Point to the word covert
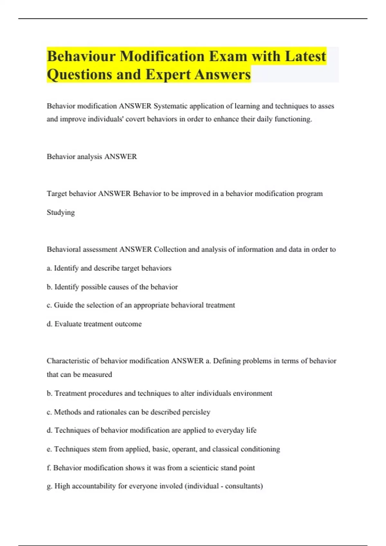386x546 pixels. pyautogui.click(x=135, y=119)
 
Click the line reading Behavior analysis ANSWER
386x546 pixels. pyautogui.click(x=92, y=157)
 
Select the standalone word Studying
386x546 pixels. pyautogui.click(x=61, y=212)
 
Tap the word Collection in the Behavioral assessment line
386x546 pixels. pyautogui.click(x=170, y=250)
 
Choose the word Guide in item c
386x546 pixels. pyautogui.click(x=63, y=305)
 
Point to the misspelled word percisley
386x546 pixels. pyautogui.click(x=196, y=412)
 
